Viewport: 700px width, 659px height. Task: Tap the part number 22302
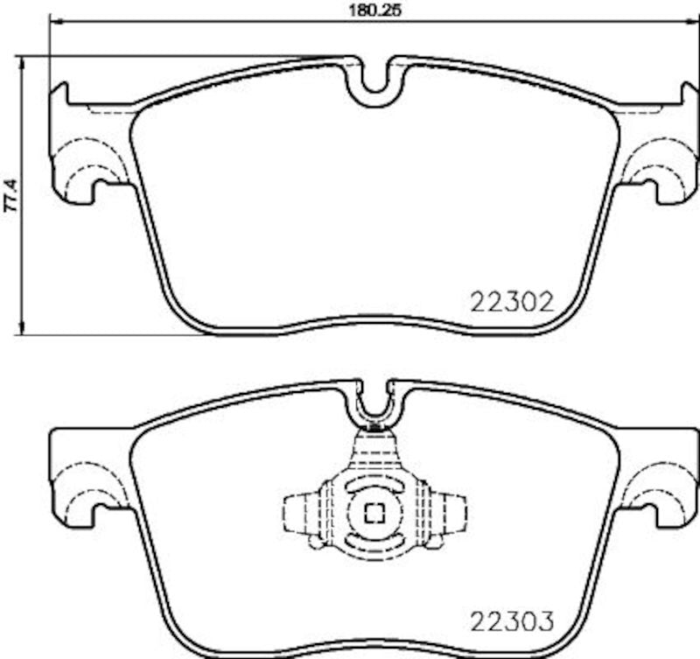click(512, 303)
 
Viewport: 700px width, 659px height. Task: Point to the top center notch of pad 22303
click(374, 403)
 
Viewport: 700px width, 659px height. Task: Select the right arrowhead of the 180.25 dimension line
click(695, 25)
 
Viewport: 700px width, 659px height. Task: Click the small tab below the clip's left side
click(313, 544)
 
